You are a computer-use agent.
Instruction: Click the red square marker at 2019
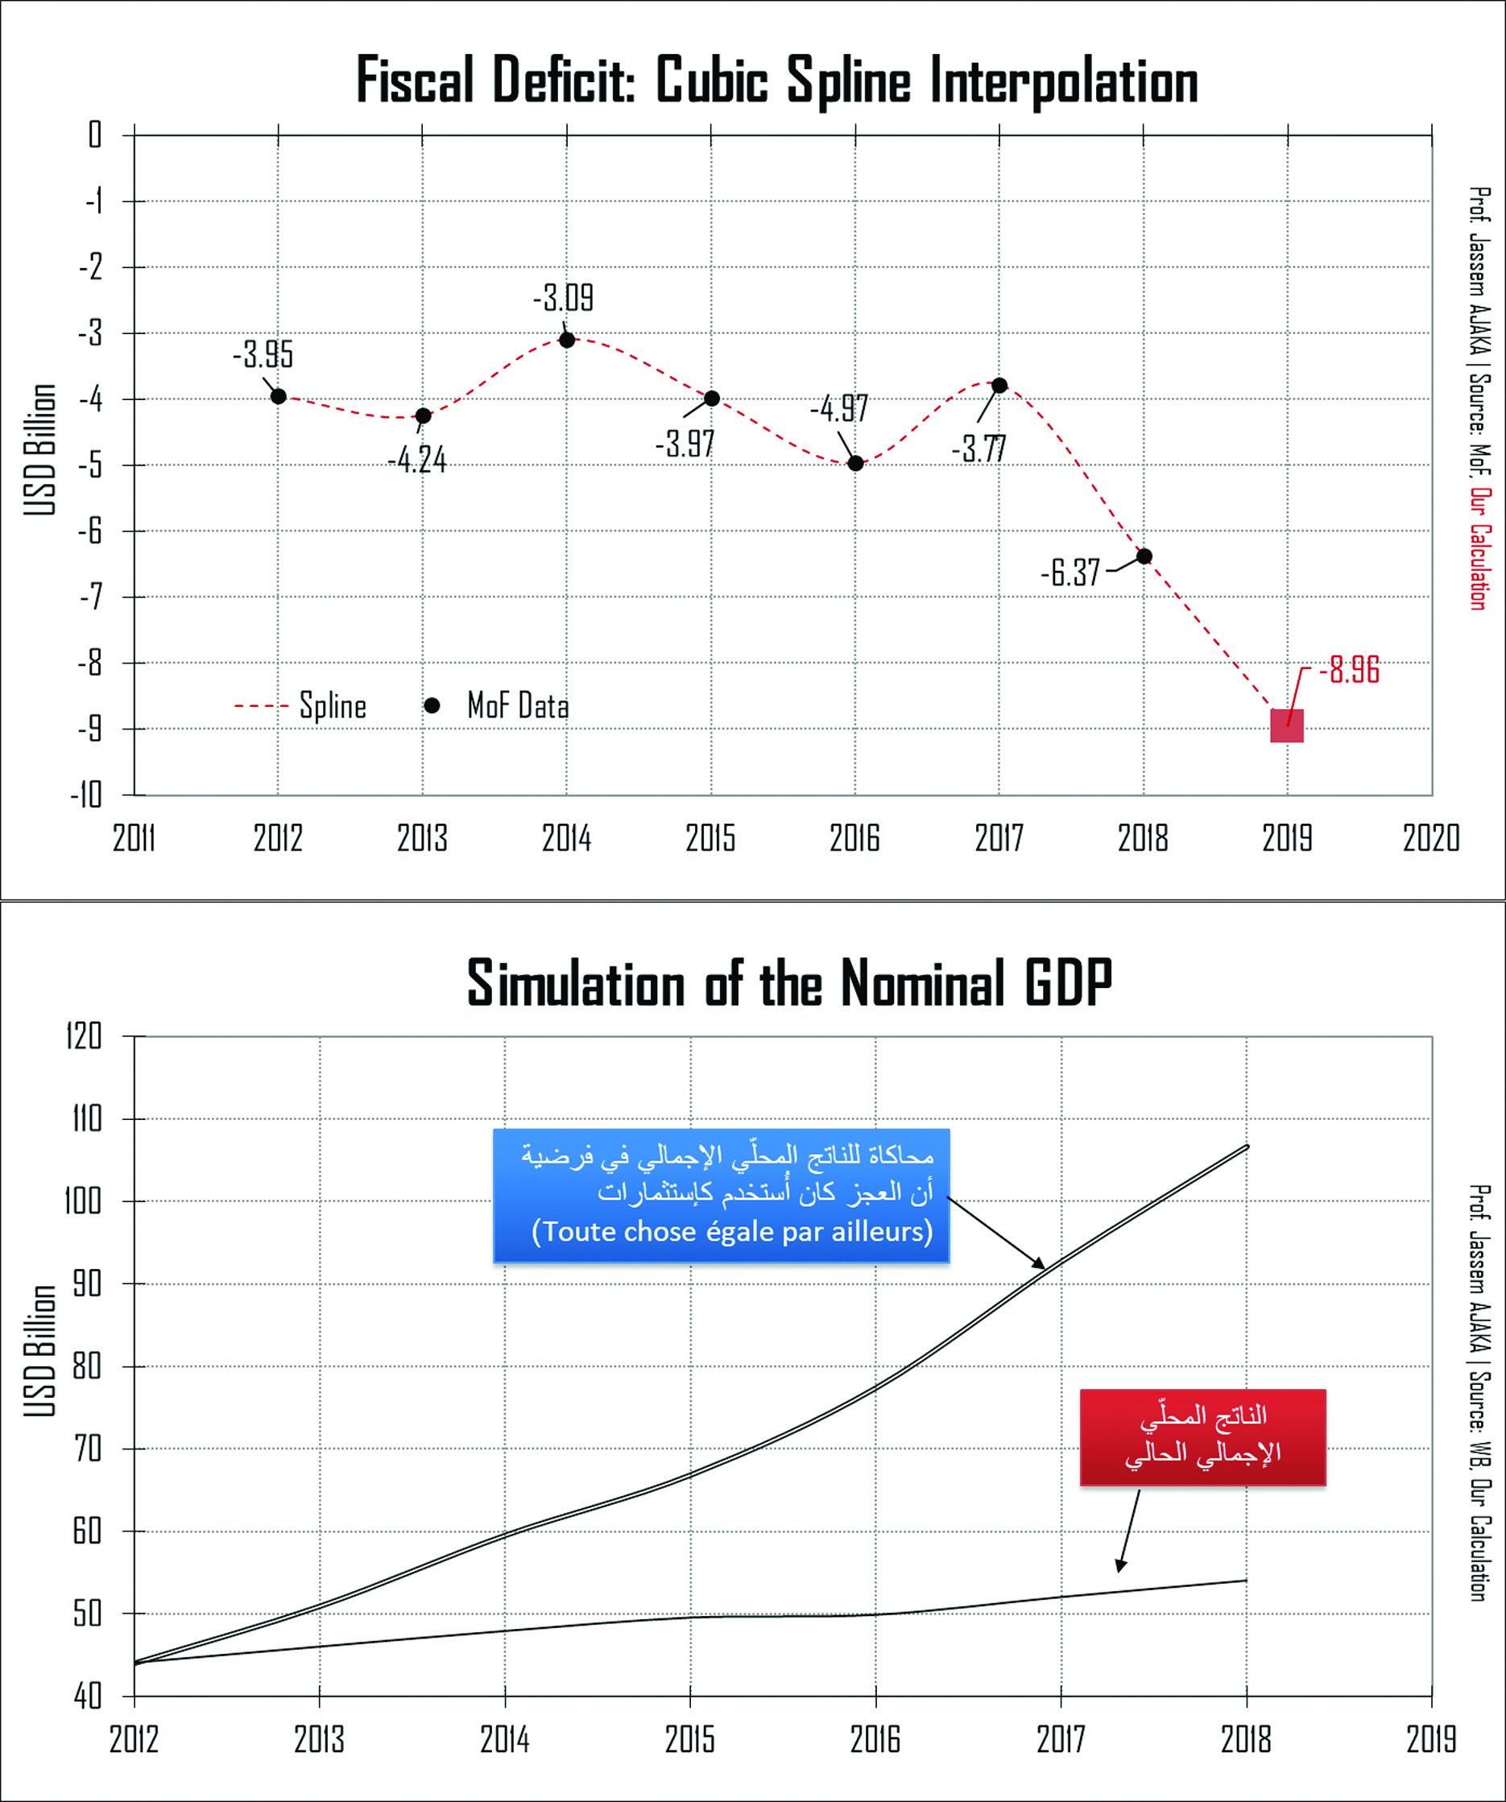coord(1286,725)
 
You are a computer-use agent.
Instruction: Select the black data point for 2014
coord(566,340)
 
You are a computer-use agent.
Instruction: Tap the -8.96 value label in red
coord(1348,670)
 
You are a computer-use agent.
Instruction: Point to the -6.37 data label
coord(1070,572)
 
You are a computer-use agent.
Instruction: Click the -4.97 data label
coord(838,408)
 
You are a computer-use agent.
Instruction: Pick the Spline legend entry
coord(301,706)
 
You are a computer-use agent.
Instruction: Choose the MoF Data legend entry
coord(498,706)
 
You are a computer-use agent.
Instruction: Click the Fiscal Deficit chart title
coord(776,81)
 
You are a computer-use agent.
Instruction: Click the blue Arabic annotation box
coord(721,1196)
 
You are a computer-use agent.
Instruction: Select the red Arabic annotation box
coord(1202,1437)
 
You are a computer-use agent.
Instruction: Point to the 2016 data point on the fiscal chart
coord(855,463)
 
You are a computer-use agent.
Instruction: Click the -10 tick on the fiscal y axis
coord(87,796)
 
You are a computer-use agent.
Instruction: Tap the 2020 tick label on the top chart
coord(1430,838)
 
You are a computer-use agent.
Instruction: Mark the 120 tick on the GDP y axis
coord(84,1036)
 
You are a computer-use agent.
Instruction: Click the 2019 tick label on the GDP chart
coord(1430,1739)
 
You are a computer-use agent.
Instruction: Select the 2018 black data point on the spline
coord(1144,556)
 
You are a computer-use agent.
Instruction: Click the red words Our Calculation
coord(1479,549)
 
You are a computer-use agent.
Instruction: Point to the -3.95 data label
coord(263,353)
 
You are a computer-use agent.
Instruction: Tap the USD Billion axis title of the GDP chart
coord(39,1351)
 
